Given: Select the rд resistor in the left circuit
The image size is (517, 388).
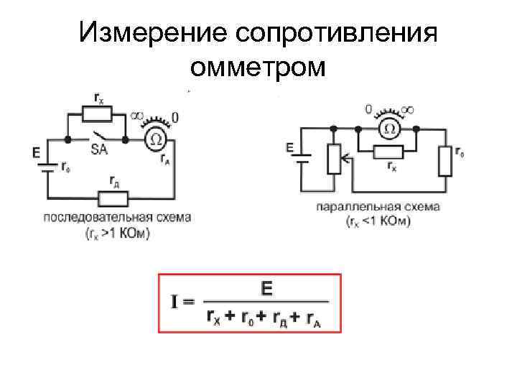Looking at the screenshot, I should pyautogui.click(x=113, y=198).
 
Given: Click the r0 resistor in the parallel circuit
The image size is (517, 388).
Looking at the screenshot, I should pyautogui.click(x=445, y=160).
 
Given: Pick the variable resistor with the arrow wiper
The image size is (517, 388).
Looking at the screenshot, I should pyautogui.click(x=333, y=159).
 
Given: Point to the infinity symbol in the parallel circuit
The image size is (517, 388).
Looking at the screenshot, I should pyautogui.click(x=408, y=109).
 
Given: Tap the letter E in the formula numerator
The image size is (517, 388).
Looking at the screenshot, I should pyautogui.click(x=266, y=289).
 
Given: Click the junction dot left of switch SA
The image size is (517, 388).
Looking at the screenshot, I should pyautogui.click(x=67, y=139).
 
